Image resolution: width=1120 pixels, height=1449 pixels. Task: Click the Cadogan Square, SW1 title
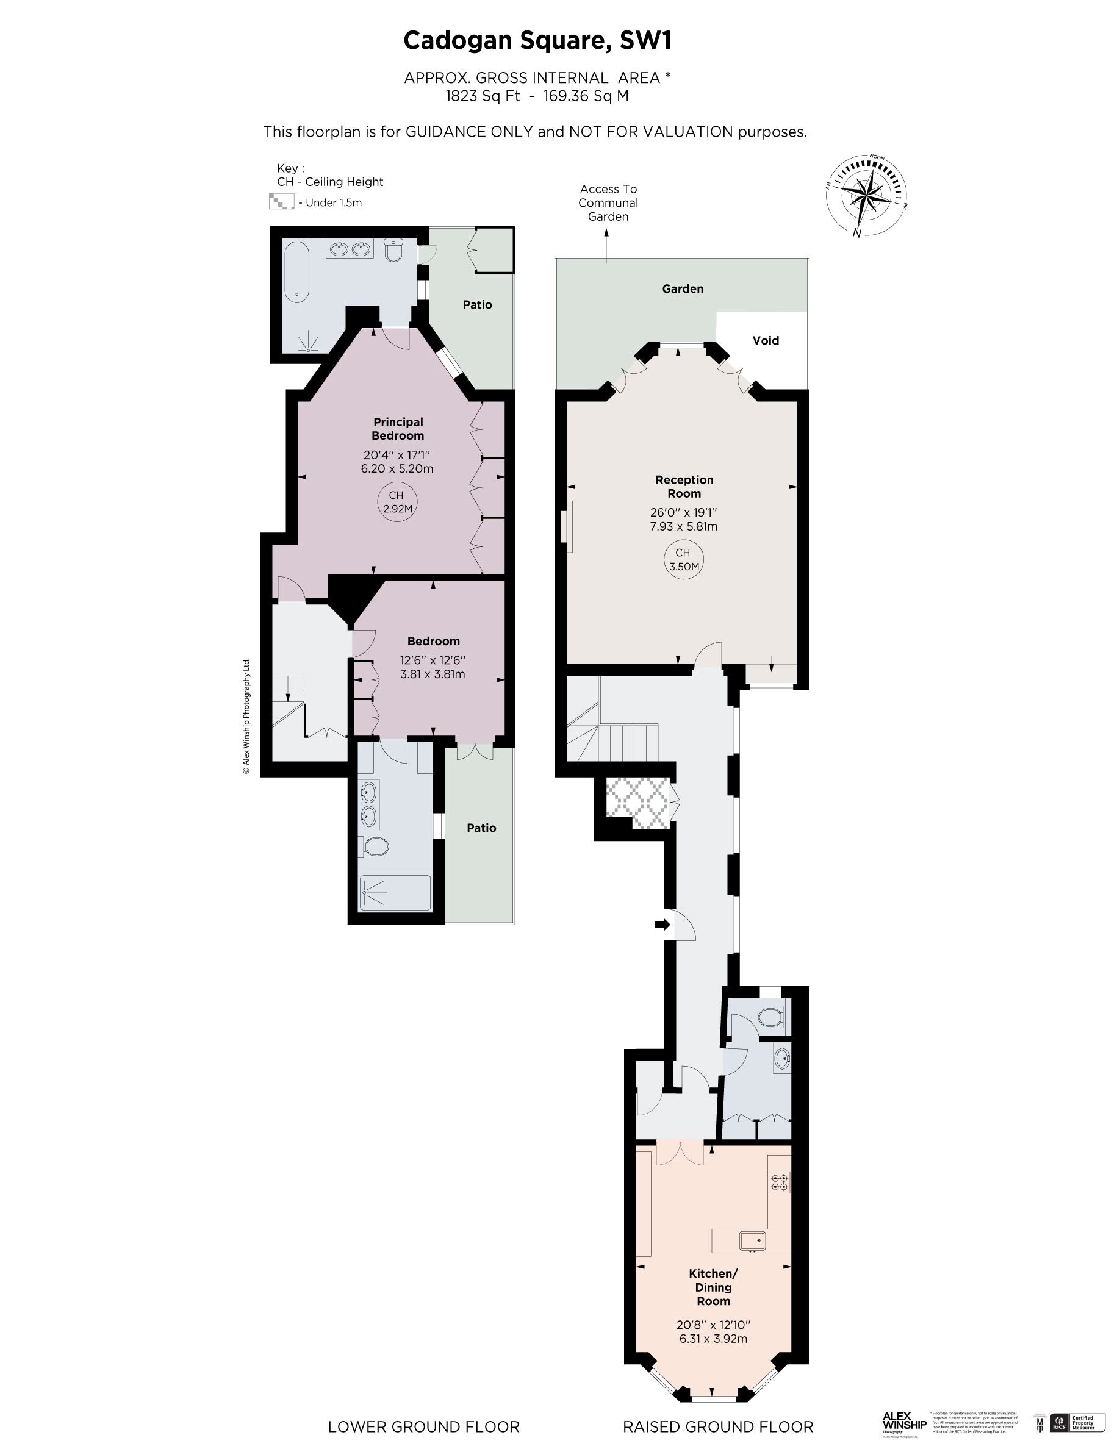click(537, 40)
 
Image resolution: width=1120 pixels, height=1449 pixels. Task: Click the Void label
click(765, 340)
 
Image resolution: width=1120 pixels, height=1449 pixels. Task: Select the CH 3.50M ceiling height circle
click(683, 559)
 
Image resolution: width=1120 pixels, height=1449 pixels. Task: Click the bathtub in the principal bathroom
click(296, 271)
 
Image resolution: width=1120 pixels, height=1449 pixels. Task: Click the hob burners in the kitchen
click(779, 1182)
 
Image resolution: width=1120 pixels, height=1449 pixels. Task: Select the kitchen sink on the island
click(752, 1240)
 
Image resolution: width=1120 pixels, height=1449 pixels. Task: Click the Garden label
click(682, 288)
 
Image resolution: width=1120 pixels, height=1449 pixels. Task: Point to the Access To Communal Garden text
click(608, 203)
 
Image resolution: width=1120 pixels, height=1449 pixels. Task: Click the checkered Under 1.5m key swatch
click(281, 201)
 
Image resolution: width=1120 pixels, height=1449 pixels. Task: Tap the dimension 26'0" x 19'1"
click(683, 512)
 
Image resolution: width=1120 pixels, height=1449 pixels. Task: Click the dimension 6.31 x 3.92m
click(713, 1339)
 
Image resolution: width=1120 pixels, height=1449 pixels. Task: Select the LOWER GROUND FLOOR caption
click(423, 1426)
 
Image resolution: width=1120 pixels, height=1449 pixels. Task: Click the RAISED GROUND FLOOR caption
click(717, 1426)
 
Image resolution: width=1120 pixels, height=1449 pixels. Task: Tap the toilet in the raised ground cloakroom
click(770, 1017)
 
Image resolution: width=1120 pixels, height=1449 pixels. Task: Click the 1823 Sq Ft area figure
click(483, 96)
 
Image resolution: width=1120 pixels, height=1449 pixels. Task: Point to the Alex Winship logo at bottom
click(903, 1422)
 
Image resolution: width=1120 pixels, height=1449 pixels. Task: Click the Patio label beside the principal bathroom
click(477, 304)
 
